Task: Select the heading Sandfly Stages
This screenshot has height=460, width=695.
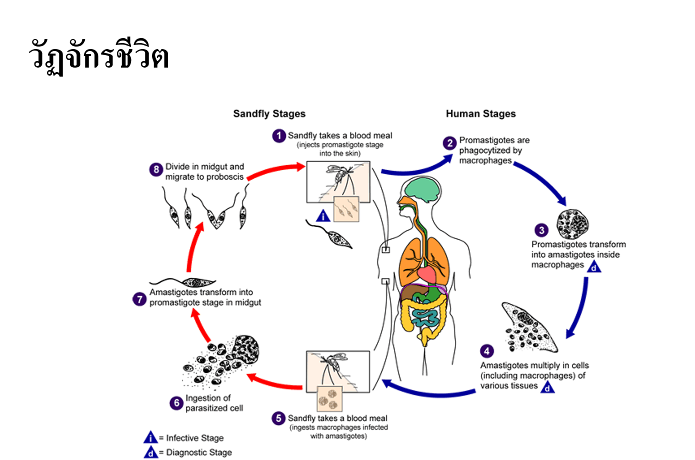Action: point(269,114)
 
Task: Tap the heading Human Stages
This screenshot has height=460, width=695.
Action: point(481,114)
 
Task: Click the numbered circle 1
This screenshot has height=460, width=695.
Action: point(279,136)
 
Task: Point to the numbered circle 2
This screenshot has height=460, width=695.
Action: point(449,143)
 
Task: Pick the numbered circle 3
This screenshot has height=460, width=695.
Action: point(541,230)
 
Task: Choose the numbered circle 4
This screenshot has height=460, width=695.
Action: point(487,351)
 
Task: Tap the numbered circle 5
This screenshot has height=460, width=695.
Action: point(278,418)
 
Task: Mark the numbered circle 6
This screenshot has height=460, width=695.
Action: point(176,403)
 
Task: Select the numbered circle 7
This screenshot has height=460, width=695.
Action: point(139,299)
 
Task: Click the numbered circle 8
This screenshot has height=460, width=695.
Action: point(156,170)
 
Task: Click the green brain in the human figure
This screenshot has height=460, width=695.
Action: point(422,190)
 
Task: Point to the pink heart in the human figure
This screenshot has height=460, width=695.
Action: point(427,274)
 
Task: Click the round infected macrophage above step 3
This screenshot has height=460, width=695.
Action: point(572,224)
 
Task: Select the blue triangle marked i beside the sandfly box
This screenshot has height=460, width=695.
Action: point(323,216)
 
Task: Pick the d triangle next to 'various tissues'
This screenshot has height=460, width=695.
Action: point(547,387)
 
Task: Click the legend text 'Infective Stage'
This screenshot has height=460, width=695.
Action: point(195,438)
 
